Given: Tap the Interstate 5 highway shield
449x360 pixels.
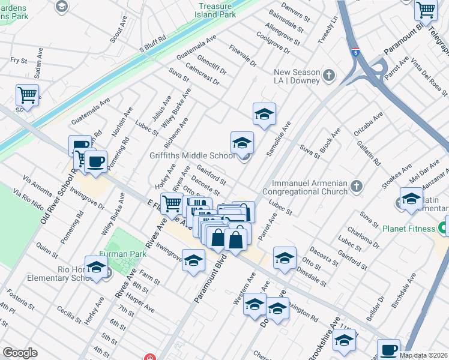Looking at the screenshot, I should pos(355,52).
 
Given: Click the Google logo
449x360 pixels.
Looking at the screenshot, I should pos(20,353).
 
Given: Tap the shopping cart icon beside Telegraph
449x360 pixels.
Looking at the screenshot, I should pos(426,9).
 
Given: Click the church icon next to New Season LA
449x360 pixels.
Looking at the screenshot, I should pos(328,76).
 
